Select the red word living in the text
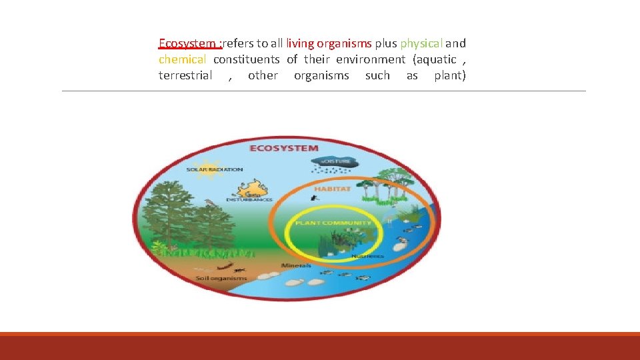(x=300, y=43)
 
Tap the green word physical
(x=421, y=43)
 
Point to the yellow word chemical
(x=182, y=59)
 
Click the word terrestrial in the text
(x=185, y=75)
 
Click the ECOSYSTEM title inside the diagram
(x=283, y=148)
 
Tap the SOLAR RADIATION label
(x=215, y=170)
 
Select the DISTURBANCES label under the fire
(x=249, y=199)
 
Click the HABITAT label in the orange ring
(x=332, y=189)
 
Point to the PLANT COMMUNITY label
(x=333, y=223)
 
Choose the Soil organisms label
(x=221, y=278)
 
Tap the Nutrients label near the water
(x=368, y=255)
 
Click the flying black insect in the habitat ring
(x=313, y=198)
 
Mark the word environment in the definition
(x=371, y=59)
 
